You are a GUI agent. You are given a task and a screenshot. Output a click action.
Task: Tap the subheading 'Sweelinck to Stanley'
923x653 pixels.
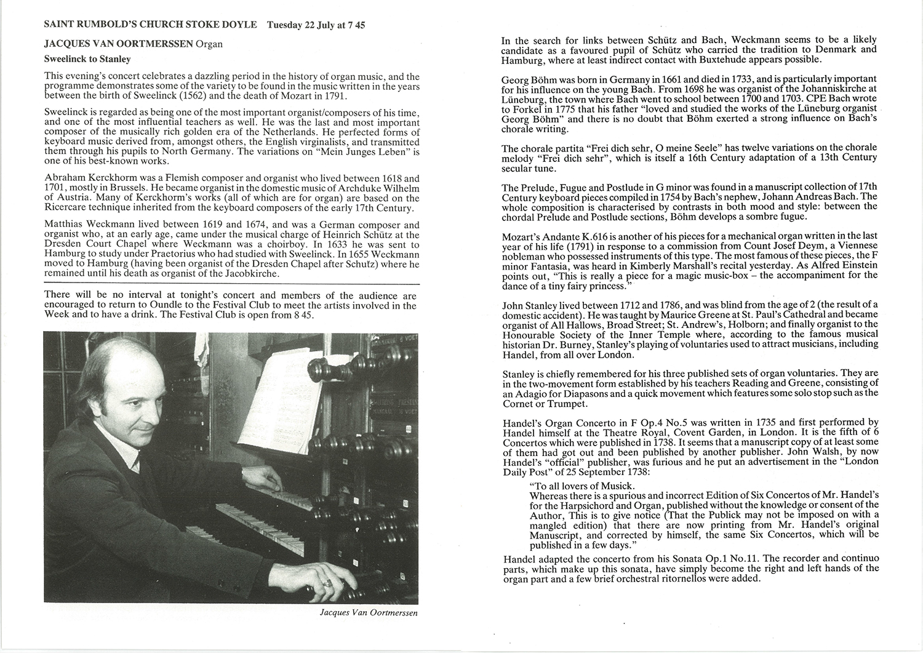[87, 60]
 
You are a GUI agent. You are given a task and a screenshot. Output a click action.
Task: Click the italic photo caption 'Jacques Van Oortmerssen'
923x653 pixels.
[369, 613]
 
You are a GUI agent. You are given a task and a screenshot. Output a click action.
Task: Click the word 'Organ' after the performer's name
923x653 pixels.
[209, 44]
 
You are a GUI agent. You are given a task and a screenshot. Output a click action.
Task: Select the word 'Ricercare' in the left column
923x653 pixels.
[66, 208]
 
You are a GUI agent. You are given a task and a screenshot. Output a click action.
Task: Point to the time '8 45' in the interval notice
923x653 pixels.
[302, 314]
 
